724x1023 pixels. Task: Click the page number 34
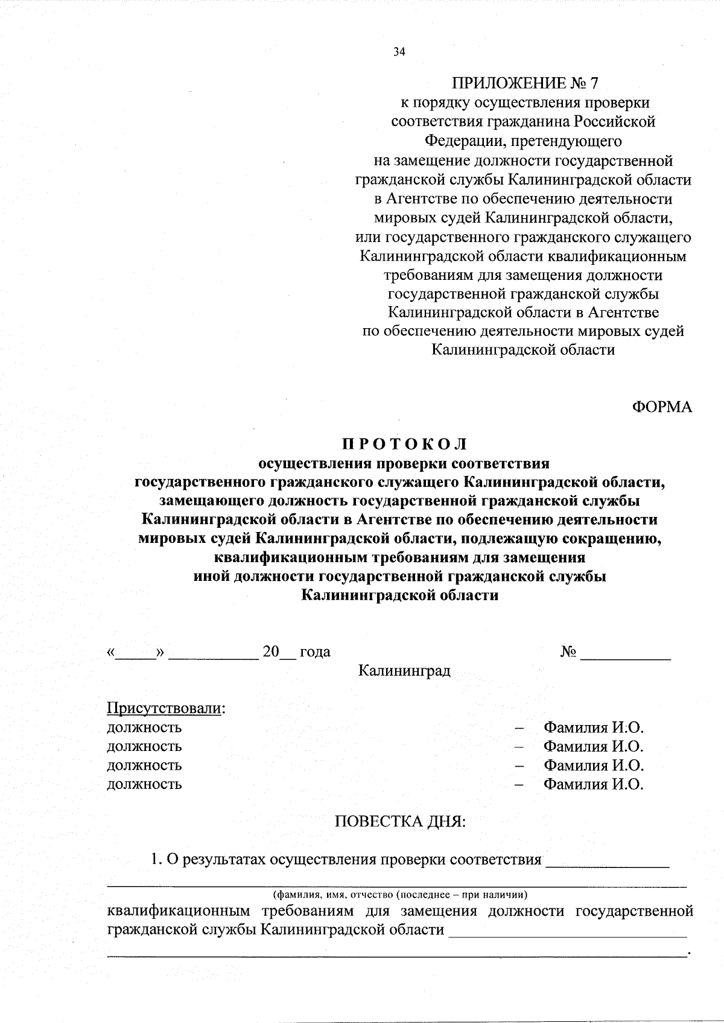[399, 52]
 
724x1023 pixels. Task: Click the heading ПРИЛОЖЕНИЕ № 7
[523, 83]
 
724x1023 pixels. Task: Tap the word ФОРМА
[662, 407]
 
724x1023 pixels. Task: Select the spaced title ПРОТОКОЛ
[405, 445]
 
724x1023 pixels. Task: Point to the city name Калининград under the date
[404, 671]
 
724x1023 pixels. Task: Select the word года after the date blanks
[315, 652]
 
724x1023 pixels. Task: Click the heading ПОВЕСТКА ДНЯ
[400, 822]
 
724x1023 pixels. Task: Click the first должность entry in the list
[144, 727]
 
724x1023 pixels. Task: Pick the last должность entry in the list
[144, 784]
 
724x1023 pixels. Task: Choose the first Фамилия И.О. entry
[593, 727]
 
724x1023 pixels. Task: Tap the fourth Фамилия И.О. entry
[593, 784]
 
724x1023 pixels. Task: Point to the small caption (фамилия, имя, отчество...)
[400, 893]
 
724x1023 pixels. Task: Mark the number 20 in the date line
[271, 652]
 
